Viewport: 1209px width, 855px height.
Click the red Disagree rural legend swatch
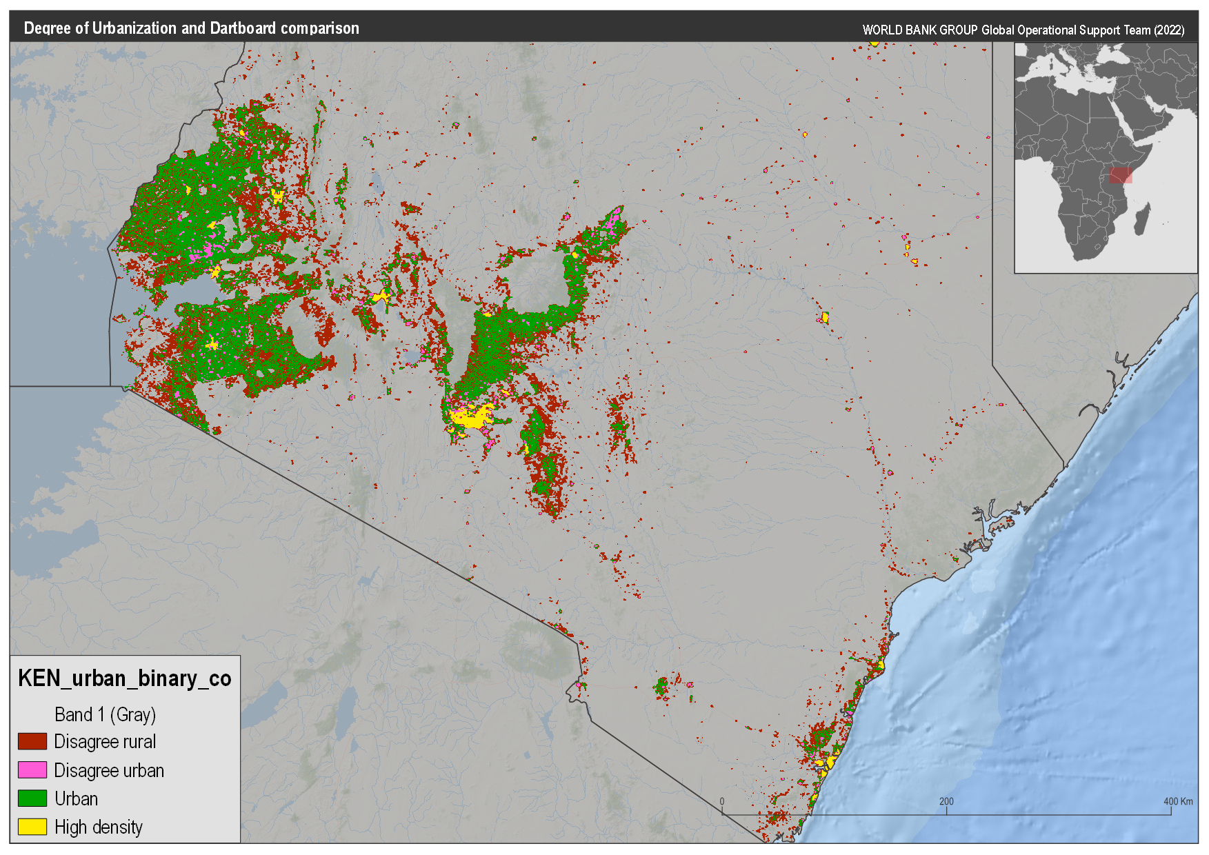(x=32, y=741)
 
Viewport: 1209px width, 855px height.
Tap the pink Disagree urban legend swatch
(x=32, y=770)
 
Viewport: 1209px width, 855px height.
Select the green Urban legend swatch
(x=32, y=798)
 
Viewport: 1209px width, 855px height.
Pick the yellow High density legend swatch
(x=32, y=827)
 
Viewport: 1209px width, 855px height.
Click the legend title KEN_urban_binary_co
(x=124, y=678)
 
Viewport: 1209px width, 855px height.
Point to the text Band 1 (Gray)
(x=105, y=714)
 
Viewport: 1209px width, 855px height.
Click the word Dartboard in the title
(x=243, y=28)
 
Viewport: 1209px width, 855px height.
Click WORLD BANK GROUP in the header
(x=920, y=30)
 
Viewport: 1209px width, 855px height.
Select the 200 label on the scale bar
(x=946, y=801)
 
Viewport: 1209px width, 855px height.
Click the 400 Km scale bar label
(x=1177, y=801)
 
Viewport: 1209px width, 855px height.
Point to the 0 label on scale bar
(x=722, y=801)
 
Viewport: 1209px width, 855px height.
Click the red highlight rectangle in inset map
(x=1121, y=175)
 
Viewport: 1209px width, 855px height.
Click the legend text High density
(x=99, y=827)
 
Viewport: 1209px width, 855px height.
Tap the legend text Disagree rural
(x=105, y=741)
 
